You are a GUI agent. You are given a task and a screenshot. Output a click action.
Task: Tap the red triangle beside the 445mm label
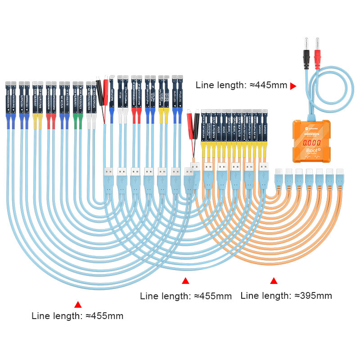pos(293,85)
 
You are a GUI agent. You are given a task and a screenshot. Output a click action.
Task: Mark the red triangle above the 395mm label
pos(274,281)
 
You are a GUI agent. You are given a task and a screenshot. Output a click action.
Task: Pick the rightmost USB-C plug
pos(341,179)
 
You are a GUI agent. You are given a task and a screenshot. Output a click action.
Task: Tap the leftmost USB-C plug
pos(279,179)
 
